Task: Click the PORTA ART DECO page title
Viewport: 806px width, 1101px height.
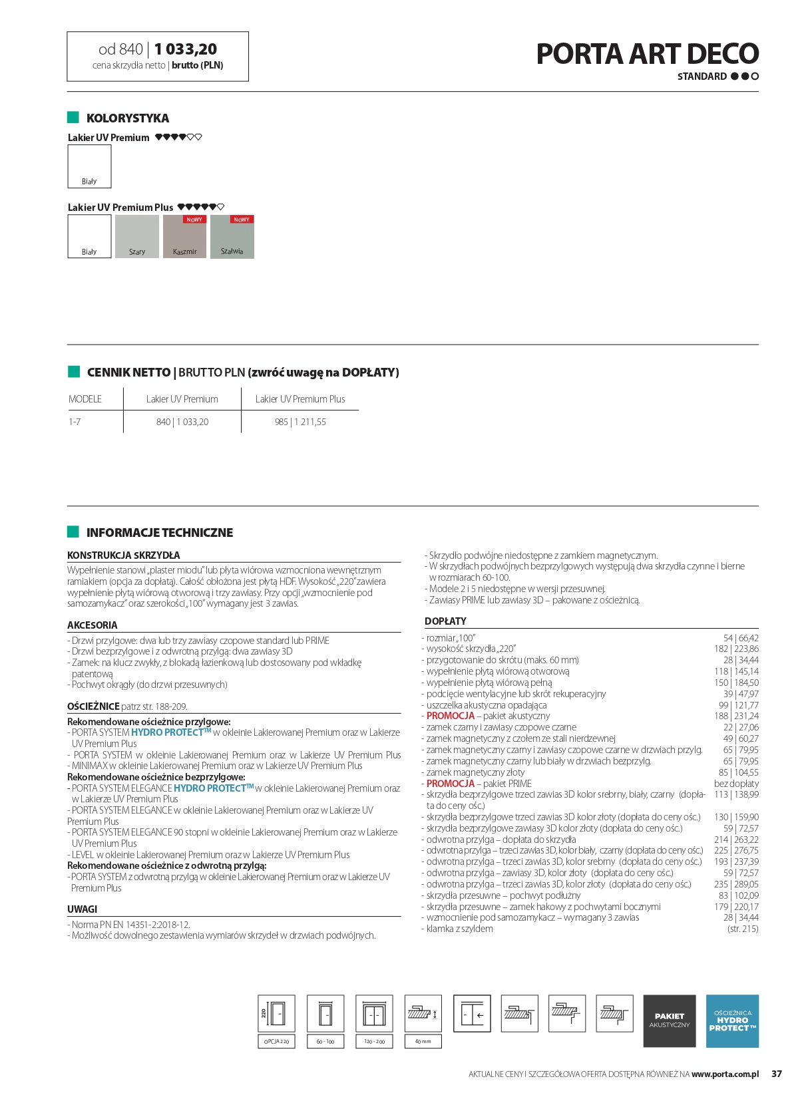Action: click(647, 54)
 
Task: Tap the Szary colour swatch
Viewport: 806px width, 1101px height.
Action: click(137, 237)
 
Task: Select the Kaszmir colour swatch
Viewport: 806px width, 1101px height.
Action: click(184, 237)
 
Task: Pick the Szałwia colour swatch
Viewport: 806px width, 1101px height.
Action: click(232, 237)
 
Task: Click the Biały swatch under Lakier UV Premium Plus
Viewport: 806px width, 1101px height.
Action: click(89, 237)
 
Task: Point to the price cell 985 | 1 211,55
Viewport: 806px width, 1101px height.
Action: click(300, 422)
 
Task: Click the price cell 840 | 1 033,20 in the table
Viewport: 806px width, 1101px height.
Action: click(182, 422)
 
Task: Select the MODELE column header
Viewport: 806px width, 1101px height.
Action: click(85, 399)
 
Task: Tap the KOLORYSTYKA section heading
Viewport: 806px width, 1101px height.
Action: click(128, 118)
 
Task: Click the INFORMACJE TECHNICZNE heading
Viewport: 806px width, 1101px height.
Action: click(160, 533)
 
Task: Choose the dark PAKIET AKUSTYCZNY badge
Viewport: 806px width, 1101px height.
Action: click(670, 1021)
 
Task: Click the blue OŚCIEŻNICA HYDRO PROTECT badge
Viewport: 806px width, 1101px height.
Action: click(732, 1021)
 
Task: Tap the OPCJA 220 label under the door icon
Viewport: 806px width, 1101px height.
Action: click(276, 1041)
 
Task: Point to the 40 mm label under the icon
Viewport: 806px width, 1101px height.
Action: click(423, 1041)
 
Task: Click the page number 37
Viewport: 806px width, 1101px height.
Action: click(777, 1074)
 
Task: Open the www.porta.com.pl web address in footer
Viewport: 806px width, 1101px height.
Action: click(725, 1074)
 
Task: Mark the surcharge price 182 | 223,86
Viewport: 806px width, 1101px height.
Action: click(736, 649)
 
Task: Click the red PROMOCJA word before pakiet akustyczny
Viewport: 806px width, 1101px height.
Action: click(451, 716)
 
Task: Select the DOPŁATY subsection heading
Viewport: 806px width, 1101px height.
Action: click(445, 621)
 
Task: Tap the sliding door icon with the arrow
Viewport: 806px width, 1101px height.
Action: click(472, 1014)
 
